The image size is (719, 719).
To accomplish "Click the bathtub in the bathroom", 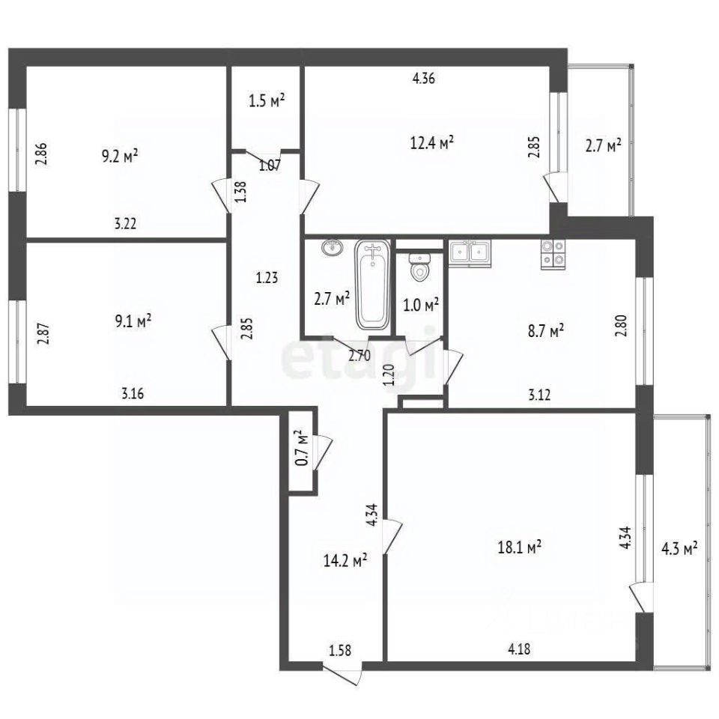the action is [x=373, y=285].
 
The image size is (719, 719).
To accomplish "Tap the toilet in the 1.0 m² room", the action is [x=420, y=267].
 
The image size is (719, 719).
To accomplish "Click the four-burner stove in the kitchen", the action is [x=553, y=254].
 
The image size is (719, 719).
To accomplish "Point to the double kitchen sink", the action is [x=469, y=253].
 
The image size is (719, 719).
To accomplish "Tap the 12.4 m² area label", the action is [x=434, y=142].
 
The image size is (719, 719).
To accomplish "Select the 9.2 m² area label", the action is [x=120, y=156].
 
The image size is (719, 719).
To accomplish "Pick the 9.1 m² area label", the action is [x=133, y=322].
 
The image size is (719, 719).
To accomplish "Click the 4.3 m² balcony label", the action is [x=679, y=548].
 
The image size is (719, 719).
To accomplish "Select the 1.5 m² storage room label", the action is [x=265, y=100].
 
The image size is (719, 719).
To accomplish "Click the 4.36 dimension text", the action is [x=425, y=76].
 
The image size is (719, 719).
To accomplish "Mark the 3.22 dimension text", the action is [x=126, y=222].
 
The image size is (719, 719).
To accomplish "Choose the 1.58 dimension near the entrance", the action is [x=340, y=649].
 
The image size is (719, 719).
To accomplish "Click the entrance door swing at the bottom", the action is [x=346, y=672].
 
